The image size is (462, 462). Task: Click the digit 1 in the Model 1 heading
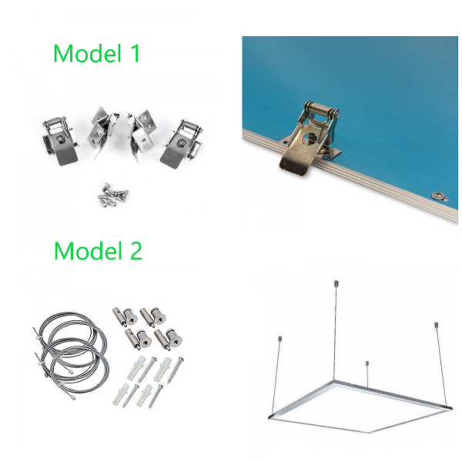(x=135, y=53)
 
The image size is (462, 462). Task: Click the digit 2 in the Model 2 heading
(x=136, y=250)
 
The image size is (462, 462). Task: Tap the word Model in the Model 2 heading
(x=88, y=250)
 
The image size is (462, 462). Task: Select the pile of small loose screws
(x=113, y=195)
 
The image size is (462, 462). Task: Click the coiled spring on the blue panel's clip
(x=322, y=108)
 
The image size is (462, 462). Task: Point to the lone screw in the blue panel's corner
(x=438, y=196)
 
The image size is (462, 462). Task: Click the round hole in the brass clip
(x=311, y=136)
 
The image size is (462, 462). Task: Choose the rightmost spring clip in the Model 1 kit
(x=182, y=142)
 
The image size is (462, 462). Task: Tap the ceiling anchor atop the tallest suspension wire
(x=336, y=283)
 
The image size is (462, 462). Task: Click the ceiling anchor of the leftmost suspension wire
(x=280, y=339)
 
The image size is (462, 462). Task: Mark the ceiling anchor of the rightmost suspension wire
(x=436, y=326)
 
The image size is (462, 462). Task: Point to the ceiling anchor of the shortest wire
(x=367, y=363)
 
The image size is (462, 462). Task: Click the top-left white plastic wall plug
(x=136, y=367)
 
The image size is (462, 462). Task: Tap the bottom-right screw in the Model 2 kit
(x=156, y=396)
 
